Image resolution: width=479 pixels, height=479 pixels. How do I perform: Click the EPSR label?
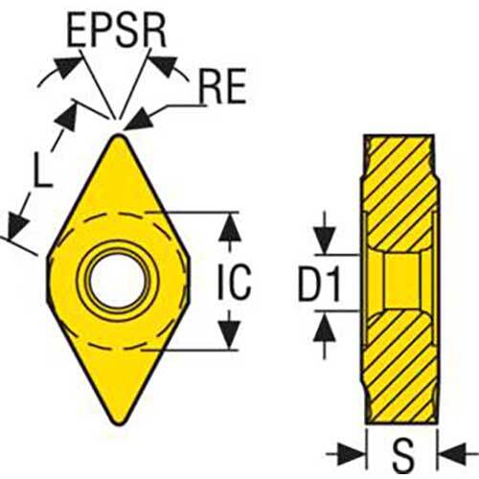pos(117,31)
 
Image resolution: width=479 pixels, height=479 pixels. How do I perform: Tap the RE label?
pos(222,85)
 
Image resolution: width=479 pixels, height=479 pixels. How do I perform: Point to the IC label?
pos(235,282)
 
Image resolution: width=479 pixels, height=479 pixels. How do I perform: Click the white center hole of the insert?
pos(118,281)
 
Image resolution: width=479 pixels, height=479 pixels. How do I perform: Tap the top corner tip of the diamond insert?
pos(119,135)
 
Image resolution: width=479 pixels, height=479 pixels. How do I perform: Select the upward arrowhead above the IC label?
pos(230,227)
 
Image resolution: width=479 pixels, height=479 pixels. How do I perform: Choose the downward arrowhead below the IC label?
pos(230,334)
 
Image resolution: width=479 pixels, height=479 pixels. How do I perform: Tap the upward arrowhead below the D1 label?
pos(325,328)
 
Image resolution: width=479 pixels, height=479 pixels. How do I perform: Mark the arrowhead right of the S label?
pos(454,454)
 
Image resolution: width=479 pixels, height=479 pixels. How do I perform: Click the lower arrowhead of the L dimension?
pos(17,225)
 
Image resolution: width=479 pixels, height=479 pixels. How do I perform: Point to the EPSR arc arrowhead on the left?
pos(68,66)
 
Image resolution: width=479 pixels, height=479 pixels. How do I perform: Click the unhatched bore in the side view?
pos(402,282)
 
